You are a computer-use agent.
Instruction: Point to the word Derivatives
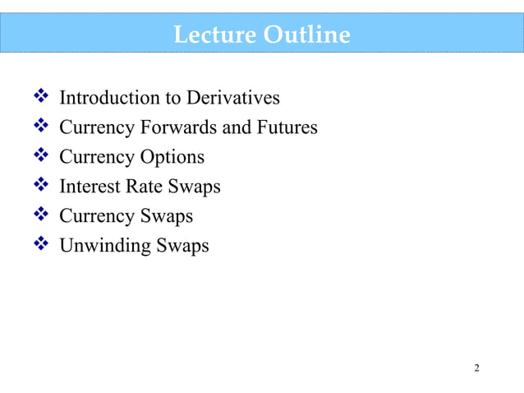(234, 99)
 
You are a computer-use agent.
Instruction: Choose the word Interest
(90, 187)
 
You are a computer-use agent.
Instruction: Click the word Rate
(145, 187)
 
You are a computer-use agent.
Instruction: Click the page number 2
(476, 367)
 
